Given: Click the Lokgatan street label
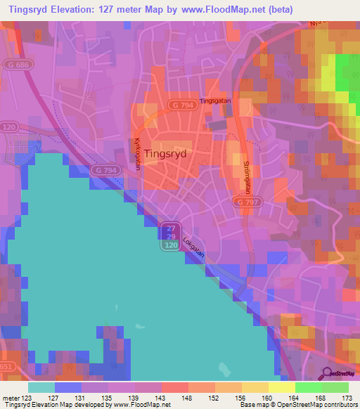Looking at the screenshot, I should coord(193,248).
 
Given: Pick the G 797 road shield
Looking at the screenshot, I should coord(245,202).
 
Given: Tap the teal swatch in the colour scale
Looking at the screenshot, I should coord(41,387).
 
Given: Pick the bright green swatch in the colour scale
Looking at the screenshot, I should coord(308,387).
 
